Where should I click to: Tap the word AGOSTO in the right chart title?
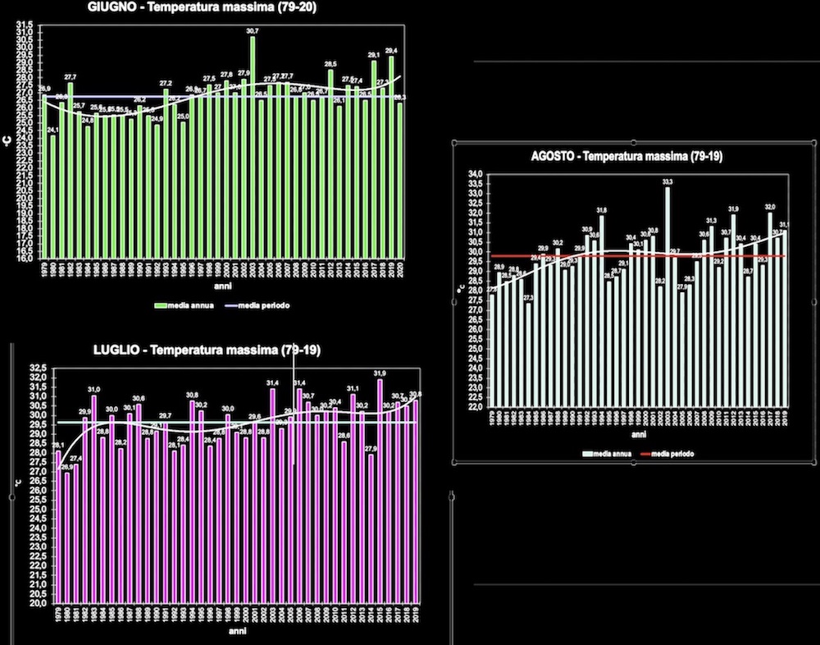click(x=555, y=156)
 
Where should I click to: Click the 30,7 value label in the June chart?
click(x=253, y=31)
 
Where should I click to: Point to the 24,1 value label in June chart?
click(x=52, y=130)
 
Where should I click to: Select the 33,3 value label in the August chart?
click(x=667, y=182)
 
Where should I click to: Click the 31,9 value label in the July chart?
click(x=380, y=373)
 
